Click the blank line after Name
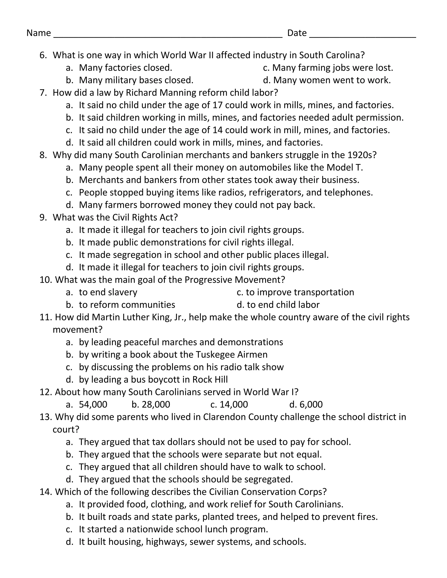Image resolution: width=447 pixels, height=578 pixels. [168, 34]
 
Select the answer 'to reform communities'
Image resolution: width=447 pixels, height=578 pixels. [127, 305]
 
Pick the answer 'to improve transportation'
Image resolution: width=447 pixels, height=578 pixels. [300, 292]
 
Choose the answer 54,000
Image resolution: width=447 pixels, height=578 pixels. [93, 404]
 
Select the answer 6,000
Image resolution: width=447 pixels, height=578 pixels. [311, 404]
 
